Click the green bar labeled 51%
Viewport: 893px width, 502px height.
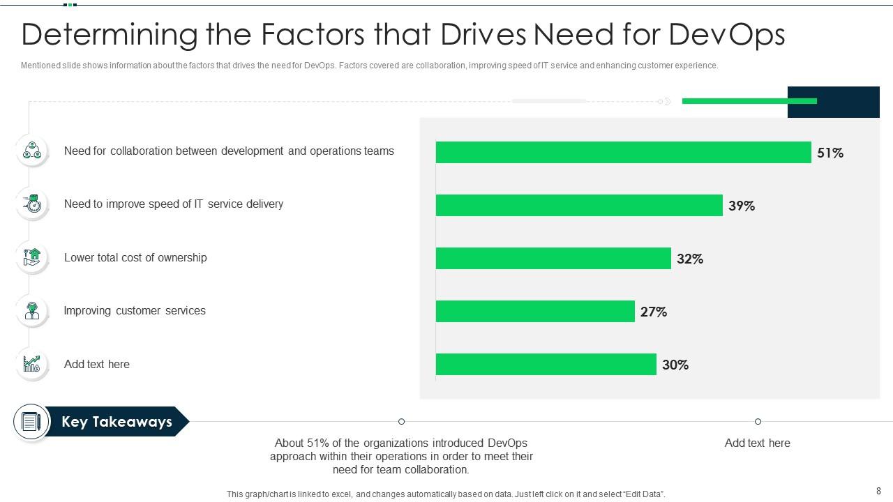pyautogui.click(x=623, y=152)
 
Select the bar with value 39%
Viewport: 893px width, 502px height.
pyautogui.click(x=579, y=205)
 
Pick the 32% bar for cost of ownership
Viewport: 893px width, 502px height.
pyautogui.click(x=553, y=258)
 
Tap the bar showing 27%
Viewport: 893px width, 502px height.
pyautogui.click(x=535, y=311)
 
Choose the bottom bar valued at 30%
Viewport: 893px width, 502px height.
pyautogui.click(x=546, y=364)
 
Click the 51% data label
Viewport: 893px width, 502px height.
pyautogui.click(x=830, y=153)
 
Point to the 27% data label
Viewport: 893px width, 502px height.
pyautogui.click(x=654, y=312)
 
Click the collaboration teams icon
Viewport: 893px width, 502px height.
pyautogui.click(x=32, y=151)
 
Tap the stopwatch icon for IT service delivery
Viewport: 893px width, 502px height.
pyautogui.click(x=32, y=204)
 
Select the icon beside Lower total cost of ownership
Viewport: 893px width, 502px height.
pyautogui.click(x=32, y=257)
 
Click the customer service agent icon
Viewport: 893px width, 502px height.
pyautogui.click(x=32, y=311)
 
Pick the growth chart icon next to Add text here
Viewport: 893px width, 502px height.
pyautogui.click(x=32, y=364)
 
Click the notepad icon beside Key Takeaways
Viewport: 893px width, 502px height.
pyautogui.click(x=31, y=422)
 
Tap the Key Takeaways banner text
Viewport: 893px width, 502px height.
pyautogui.click(x=117, y=422)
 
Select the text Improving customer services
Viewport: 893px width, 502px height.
pyautogui.click(x=135, y=311)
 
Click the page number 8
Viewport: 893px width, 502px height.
pyautogui.click(x=878, y=492)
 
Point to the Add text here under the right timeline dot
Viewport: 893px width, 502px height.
pyautogui.click(x=757, y=443)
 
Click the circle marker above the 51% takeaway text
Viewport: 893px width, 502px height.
pyautogui.click(x=401, y=421)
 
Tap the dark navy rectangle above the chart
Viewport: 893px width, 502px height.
pyautogui.click(x=833, y=102)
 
